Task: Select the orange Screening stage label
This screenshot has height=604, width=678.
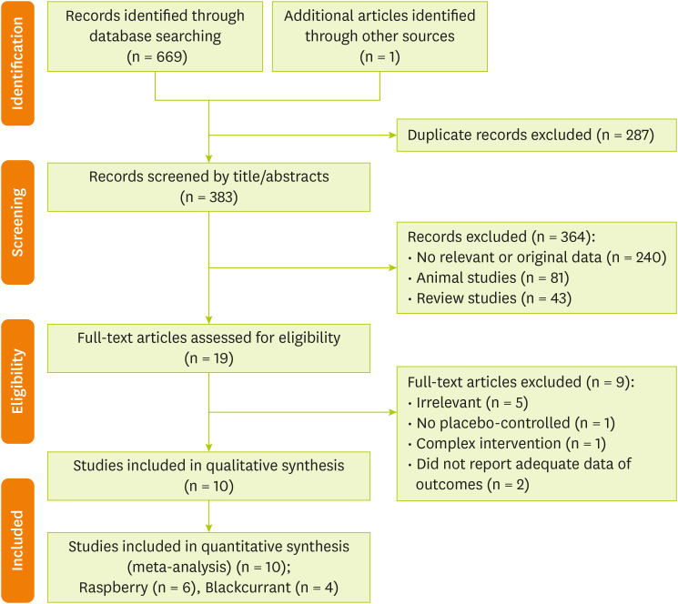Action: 17,222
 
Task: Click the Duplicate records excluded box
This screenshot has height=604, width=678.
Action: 537,135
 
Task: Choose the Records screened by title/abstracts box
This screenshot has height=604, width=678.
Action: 208,186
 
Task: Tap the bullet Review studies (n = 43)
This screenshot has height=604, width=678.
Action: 480,297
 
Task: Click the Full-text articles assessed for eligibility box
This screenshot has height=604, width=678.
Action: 208,347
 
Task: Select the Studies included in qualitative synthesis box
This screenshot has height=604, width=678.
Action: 208,476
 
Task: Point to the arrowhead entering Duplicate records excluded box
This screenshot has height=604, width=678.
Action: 391,136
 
